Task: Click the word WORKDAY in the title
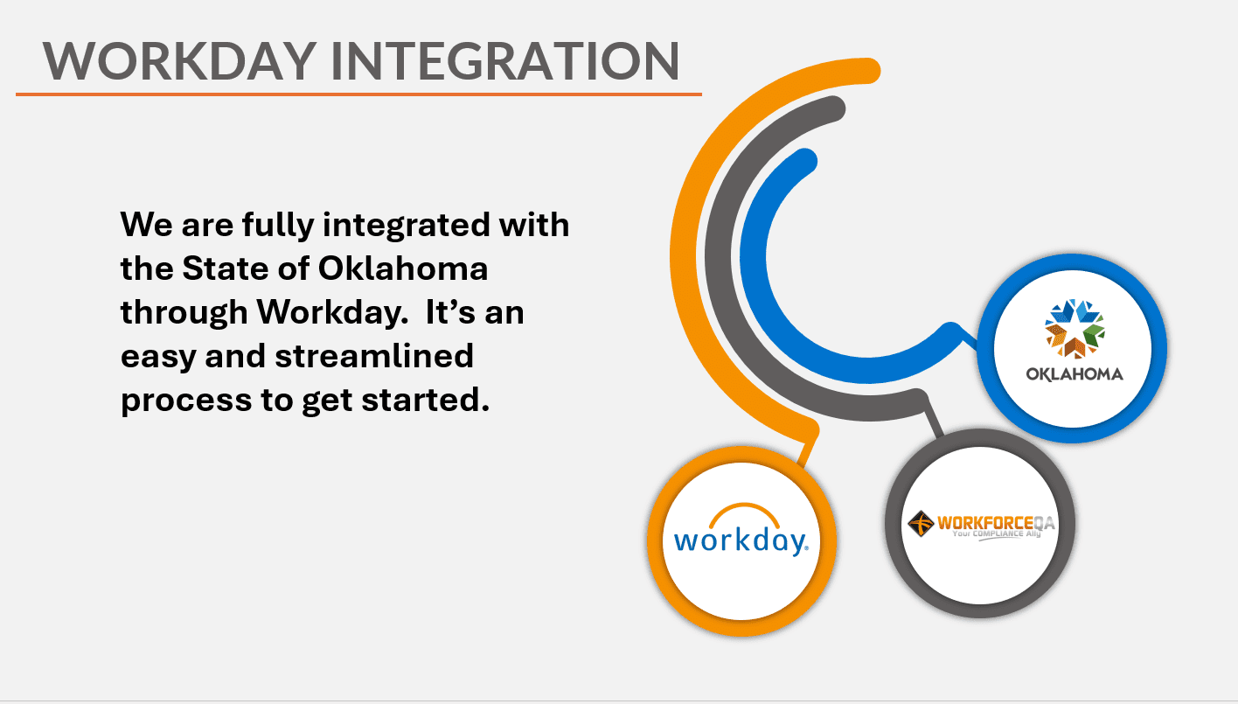(x=179, y=61)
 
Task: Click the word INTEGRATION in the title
(x=505, y=61)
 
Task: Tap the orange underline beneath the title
(x=358, y=94)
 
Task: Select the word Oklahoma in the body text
(x=403, y=268)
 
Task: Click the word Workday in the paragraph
(x=333, y=312)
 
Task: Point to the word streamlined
(x=374, y=356)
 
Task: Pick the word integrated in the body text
(x=407, y=226)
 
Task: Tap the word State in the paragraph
(x=225, y=268)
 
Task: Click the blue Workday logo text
(x=741, y=540)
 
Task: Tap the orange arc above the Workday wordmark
(x=744, y=512)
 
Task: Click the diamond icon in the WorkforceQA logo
(x=921, y=524)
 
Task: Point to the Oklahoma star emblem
(x=1074, y=329)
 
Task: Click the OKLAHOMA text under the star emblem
(x=1075, y=374)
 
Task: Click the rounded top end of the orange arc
(x=866, y=71)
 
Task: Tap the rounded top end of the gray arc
(x=832, y=108)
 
